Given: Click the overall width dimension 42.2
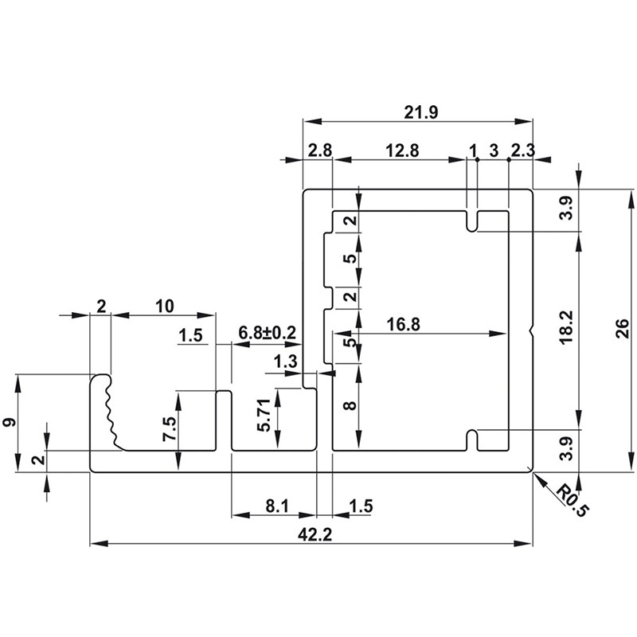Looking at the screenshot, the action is click(315, 534).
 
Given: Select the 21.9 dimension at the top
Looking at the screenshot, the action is click(421, 112).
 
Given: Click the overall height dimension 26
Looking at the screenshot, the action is click(623, 330).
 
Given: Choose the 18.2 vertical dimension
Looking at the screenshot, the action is click(566, 327).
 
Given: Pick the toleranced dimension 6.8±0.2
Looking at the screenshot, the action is click(267, 333).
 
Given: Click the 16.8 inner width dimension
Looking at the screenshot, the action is click(404, 325).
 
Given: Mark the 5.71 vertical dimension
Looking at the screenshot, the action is click(264, 415).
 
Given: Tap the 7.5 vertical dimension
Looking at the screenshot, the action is click(170, 428).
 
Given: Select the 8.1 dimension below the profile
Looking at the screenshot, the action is click(277, 506).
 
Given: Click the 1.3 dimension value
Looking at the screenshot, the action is click(285, 361).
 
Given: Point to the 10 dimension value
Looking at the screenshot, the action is click(165, 306).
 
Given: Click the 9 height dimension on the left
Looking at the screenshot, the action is click(10, 422).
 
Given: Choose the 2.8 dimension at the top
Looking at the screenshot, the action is click(320, 150).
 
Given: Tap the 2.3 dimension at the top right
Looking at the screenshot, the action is click(523, 150).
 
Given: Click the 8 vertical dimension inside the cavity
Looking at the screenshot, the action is click(350, 405).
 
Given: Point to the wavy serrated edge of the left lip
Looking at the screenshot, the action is click(111, 410).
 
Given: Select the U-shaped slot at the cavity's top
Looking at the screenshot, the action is click(471, 222).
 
